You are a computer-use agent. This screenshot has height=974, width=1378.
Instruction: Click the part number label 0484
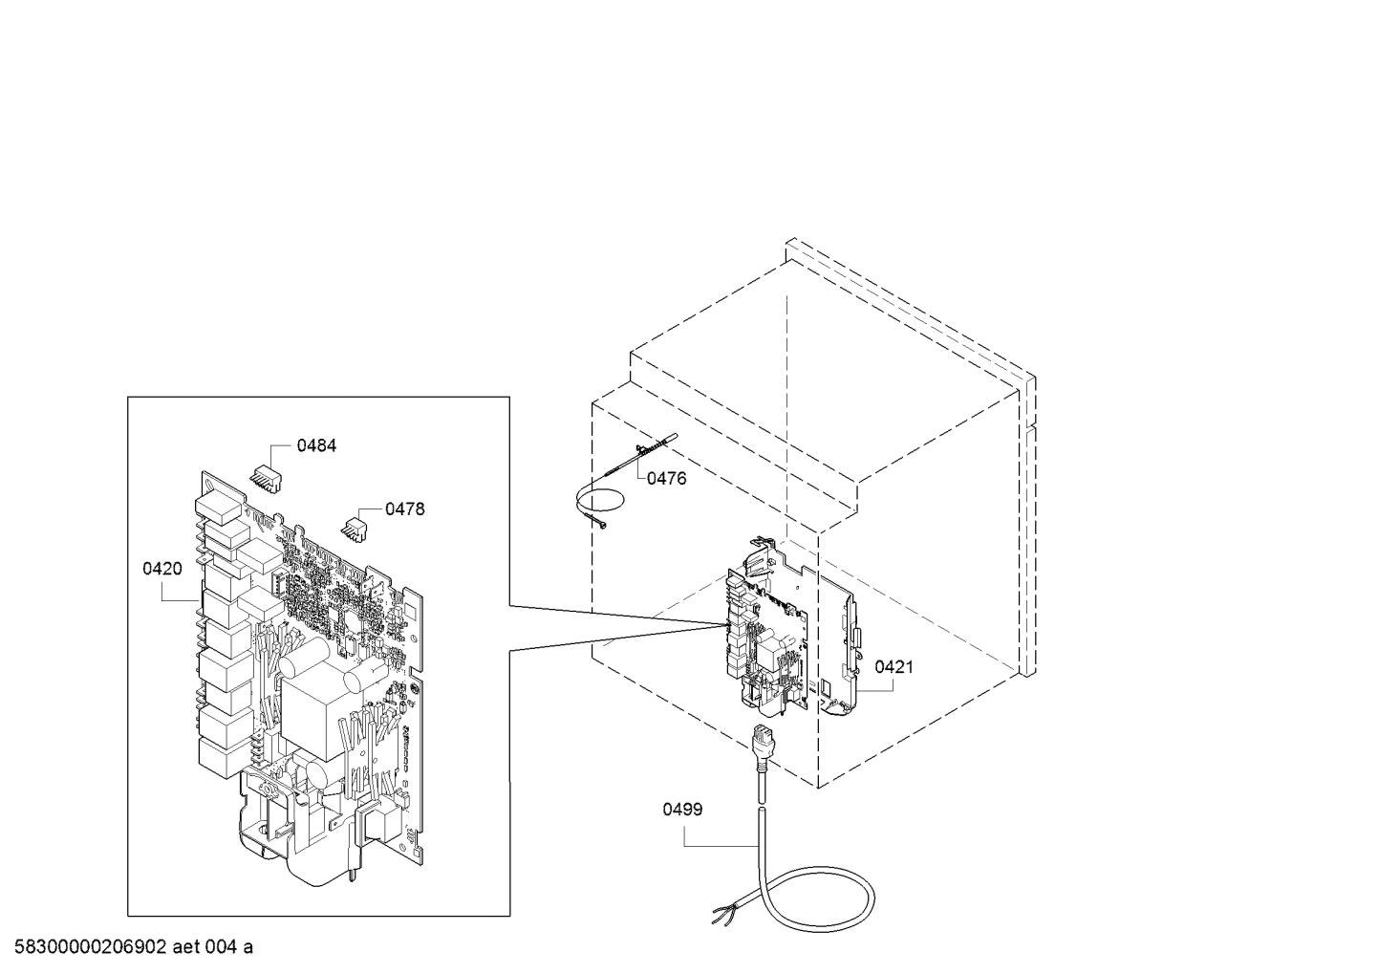click(x=316, y=445)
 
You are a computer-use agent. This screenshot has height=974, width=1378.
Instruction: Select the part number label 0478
click(x=405, y=509)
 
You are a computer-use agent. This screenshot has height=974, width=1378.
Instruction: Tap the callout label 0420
click(x=162, y=569)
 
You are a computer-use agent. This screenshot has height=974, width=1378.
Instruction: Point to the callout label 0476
click(x=666, y=478)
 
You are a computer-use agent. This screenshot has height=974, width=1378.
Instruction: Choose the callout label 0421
click(x=894, y=667)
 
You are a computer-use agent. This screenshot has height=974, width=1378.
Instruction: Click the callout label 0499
click(x=682, y=809)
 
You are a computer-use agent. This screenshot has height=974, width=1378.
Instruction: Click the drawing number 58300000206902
click(x=91, y=947)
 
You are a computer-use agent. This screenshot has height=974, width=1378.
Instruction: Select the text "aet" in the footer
click(x=185, y=947)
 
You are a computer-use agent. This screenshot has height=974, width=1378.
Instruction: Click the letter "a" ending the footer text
click(x=248, y=948)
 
